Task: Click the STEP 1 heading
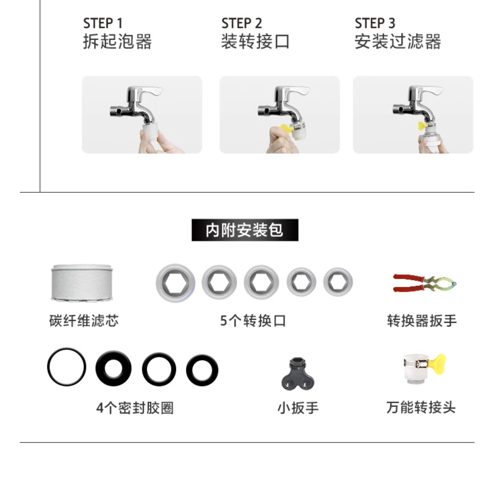click(103, 23)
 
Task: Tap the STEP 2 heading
click(241, 23)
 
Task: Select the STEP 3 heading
click(375, 23)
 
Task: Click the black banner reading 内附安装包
click(245, 230)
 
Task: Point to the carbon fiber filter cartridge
click(82, 283)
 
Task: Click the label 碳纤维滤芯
click(84, 321)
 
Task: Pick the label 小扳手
click(298, 408)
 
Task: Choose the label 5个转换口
click(253, 321)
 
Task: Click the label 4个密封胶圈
click(135, 408)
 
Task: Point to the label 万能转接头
click(421, 408)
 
